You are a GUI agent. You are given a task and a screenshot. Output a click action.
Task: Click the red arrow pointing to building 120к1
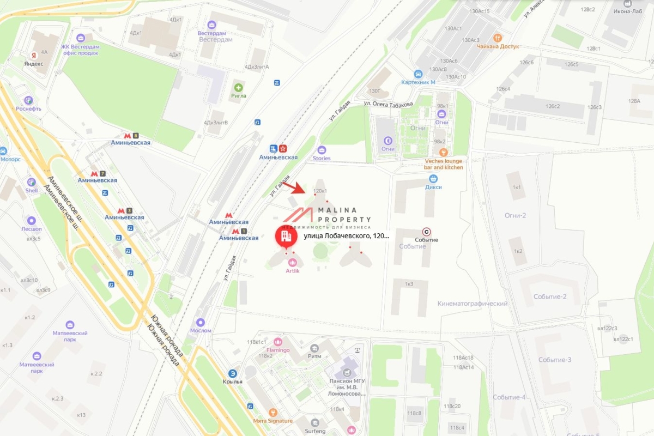tap(297, 187)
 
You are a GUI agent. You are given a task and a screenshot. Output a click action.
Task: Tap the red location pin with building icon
tap(285, 236)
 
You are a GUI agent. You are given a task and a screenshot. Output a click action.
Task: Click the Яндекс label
tap(33, 63)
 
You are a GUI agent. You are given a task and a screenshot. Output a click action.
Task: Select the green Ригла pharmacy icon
tap(238, 87)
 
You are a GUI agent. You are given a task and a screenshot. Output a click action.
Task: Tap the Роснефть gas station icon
tap(28, 100)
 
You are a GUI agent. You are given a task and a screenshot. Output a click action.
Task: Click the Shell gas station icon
tap(31, 182)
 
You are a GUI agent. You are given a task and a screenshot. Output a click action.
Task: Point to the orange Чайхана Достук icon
tap(497, 38)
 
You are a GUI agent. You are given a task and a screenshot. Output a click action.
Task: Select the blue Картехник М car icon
tap(418, 74)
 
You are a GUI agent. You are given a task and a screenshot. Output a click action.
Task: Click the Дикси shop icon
tap(433, 178)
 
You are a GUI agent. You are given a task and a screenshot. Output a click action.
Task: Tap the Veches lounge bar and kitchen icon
tap(444, 153)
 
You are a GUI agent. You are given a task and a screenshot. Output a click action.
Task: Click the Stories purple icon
tap(322, 150)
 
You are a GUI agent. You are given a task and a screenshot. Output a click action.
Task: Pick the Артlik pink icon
tap(293, 263)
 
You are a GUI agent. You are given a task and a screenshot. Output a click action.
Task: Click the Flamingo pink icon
tap(278, 342)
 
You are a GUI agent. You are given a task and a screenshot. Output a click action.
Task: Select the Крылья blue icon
tap(233, 373)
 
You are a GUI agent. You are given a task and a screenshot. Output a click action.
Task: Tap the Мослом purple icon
tap(201, 323)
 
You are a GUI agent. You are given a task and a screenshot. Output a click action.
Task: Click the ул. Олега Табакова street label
tap(389, 104)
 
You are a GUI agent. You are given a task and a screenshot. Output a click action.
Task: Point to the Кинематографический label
tap(472, 304)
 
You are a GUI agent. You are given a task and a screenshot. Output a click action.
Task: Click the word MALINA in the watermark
tap(337, 210)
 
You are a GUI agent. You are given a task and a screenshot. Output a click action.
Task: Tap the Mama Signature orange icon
tap(273, 413)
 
